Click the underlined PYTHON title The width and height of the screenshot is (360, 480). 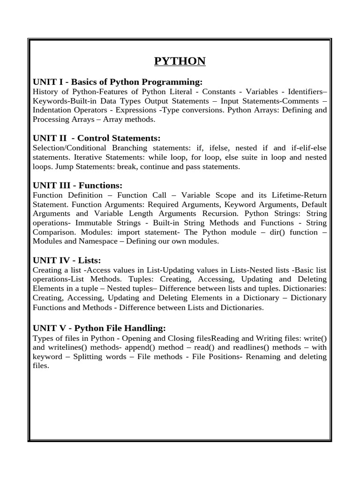coord(180,61)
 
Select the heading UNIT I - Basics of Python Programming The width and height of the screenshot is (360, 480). coord(117,82)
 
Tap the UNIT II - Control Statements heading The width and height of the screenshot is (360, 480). coord(97,138)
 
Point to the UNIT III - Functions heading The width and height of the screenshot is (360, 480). coord(77,185)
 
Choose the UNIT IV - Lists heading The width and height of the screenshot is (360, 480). coord(67,260)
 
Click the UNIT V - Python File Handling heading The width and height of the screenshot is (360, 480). coord(99,328)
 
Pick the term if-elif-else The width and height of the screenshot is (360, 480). coord(307,148)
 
